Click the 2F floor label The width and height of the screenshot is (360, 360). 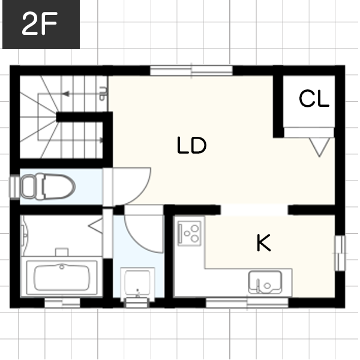tap(40, 23)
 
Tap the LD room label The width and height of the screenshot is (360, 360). tap(192, 145)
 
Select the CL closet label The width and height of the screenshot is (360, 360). tap(314, 98)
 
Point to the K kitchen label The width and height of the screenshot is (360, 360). tap(263, 242)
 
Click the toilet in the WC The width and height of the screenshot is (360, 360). tap(48, 187)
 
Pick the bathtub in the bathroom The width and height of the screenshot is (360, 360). tap(62, 278)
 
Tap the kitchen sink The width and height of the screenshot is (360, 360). tap(265, 283)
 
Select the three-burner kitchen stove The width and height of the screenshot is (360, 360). tap(190, 233)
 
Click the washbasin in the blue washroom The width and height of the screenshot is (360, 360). tap(137, 284)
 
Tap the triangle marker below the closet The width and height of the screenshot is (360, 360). tap(319, 148)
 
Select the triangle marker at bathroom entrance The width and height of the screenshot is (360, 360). tap(96, 226)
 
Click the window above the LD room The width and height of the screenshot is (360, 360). tap(191, 70)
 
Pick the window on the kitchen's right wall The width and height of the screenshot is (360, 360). tap(340, 253)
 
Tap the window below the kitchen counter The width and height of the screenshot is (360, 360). tap(247, 303)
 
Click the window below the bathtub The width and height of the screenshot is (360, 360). tap(62, 303)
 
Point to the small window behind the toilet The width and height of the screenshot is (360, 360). tap(14, 187)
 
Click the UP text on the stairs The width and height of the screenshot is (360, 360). tap(103, 94)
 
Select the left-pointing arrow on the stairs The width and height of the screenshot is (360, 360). tap(82, 94)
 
